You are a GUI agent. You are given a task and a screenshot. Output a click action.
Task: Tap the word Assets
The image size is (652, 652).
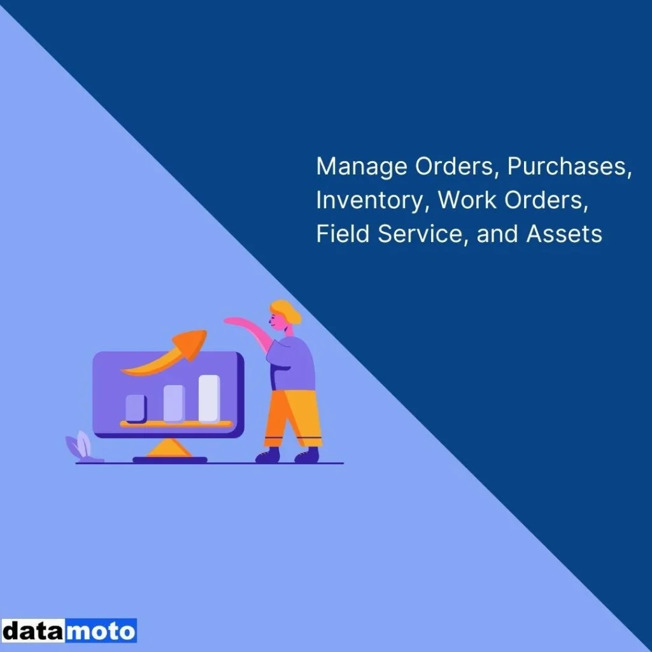coord(564,234)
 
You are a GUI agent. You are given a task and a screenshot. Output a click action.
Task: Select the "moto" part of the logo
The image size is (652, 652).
coord(101,631)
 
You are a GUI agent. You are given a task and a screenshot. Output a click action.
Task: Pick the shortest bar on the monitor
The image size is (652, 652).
coord(136,408)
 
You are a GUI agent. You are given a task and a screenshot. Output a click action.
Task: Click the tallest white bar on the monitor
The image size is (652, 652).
coord(209,399)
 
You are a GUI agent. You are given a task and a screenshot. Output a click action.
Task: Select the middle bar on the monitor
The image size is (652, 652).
coord(173,403)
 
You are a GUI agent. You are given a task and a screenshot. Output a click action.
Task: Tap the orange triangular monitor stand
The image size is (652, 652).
coord(169,448)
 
